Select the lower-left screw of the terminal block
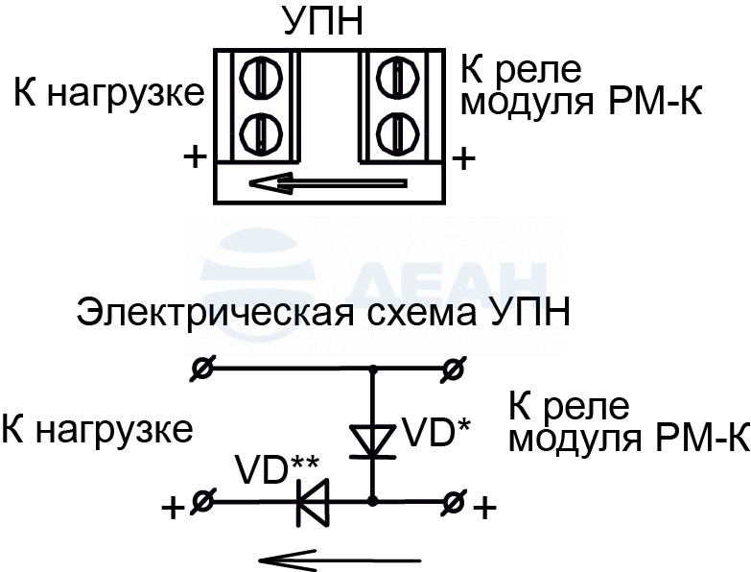pyautogui.click(x=261, y=132)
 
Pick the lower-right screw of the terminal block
pyautogui.click(x=398, y=132)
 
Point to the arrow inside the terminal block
pyautogui.click(x=329, y=183)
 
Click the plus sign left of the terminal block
pyautogui.click(x=195, y=156)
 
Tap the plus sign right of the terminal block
pyautogui.click(x=463, y=158)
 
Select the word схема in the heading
pyautogui.click(x=421, y=315)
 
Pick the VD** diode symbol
pyautogui.click(x=314, y=503)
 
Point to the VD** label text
pyautogui.click(x=277, y=470)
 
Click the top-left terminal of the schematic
pyautogui.click(x=203, y=369)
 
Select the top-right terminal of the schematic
pyautogui.click(x=451, y=369)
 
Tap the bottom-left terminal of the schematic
pyautogui.click(x=203, y=502)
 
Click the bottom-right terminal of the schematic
pyautogui.click(x=451, y=502)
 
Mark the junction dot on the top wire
pyautogui.click(x=373, y=369)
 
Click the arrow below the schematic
pyautogui.click(x=340, y=560)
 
